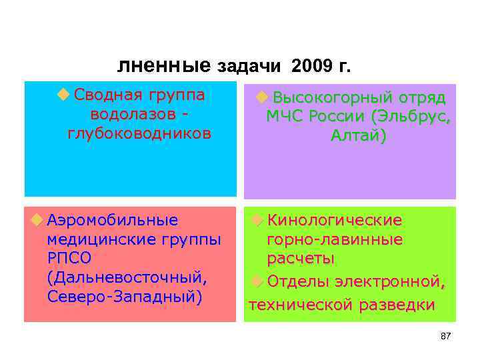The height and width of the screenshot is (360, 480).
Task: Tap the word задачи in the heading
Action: [x=252, y=67]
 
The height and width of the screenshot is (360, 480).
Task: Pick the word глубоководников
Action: [x=139, y=133]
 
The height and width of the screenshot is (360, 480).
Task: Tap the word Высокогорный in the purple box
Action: [x=327, y=98]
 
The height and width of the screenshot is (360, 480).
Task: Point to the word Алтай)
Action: [x=358, y=136]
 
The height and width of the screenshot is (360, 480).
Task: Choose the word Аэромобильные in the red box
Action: [x=113, y=220]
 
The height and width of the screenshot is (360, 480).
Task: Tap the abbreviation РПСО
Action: [x=69, y=258]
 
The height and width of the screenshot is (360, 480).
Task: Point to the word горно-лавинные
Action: [x=335, y=239]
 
